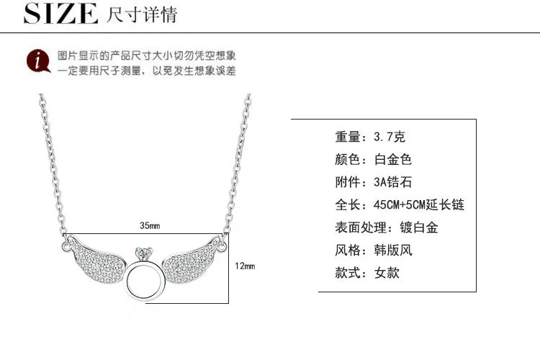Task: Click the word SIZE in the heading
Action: (x=60, y=14)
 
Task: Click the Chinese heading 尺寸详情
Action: (x=142, y=14)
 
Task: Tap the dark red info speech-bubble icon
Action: (x=38, y=61)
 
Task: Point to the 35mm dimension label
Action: (x=150, y=225)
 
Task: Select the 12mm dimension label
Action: (x=245, y=266)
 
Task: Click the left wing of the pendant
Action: (x=96, y=258)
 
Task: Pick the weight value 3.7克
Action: (x=389, y=137)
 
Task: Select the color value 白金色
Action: (x=393, y=160)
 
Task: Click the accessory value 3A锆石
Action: (x=392, y=182)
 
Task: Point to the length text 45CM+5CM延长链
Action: (x=419, y=204)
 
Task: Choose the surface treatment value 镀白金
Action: (x=419, y=228)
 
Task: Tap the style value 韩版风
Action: (x=393, y=250)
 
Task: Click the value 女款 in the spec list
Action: (x=387, y=273)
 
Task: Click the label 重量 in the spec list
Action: (x=348, y=137)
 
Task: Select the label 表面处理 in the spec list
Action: (x=361, y=228)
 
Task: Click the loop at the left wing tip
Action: (x=66, y=246)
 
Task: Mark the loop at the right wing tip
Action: (x=222, y=247)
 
